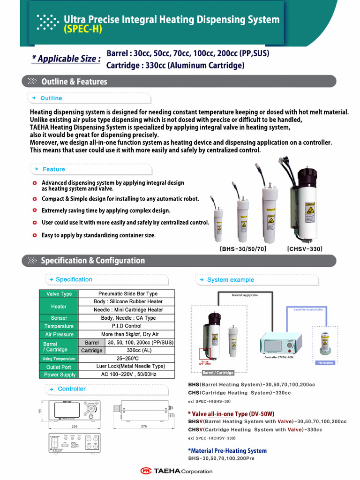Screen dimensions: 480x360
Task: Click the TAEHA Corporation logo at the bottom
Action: [x=176, y=471]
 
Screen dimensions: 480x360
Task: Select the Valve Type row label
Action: [x=59, y=294]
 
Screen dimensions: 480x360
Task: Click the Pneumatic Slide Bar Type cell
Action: [x=128, y=294]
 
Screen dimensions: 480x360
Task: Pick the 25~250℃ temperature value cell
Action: [x=128, y=359]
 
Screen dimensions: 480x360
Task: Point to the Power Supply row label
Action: [x=60, y=375]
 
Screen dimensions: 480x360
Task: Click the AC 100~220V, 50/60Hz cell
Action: [x=128, y=375]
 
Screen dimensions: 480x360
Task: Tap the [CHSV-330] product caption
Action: [x=305, y=249]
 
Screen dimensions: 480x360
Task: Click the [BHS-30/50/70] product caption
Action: [x=243, y=249]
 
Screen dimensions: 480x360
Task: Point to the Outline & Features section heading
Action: [x=74, y=82]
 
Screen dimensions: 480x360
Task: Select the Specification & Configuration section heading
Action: [x=93, y=261]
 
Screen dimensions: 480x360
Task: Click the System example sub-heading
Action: [x=230, y=280]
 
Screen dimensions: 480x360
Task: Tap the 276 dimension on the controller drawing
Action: [x=143, y=427]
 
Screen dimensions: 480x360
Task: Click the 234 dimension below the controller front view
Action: [x=75, y=427]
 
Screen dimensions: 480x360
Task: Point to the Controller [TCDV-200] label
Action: [x=278, y=357]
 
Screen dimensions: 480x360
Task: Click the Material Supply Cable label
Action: [x=245, y=295]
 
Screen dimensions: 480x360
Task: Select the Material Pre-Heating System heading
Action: [x=227, y=451]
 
